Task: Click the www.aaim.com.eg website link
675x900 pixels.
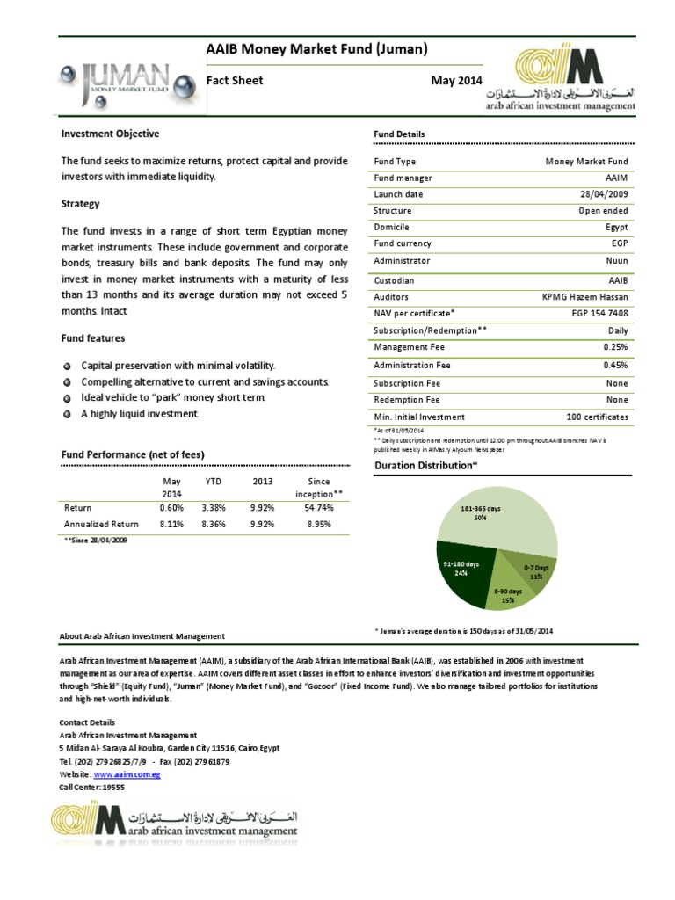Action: pos(127,774)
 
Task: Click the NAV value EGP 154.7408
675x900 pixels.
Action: pos(599,313)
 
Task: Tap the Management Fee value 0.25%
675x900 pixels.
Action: pos(615,348)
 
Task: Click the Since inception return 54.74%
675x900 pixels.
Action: pos(320,508)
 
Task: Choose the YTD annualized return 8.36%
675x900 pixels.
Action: pos(214,525)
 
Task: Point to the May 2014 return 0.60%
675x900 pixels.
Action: pos(171,508)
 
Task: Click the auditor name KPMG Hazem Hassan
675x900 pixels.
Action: pos(584,297)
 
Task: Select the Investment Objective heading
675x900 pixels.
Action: pos(110,134)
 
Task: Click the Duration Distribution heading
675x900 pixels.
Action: pos(425,465)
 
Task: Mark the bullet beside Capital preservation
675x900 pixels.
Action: pos(68,366)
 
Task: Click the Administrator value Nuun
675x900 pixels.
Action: pos(617,261)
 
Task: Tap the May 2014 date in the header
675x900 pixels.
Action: pos(457,81)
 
